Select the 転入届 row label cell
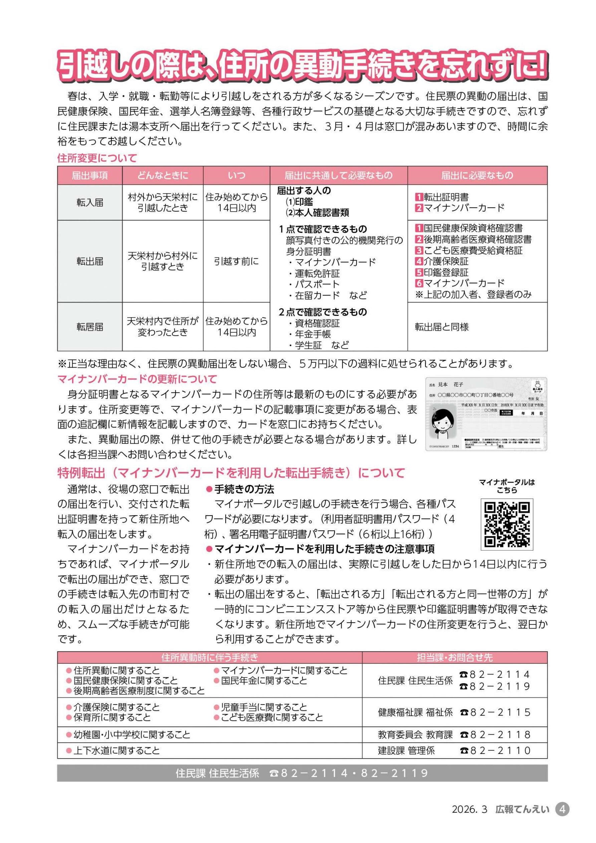coord(90,202)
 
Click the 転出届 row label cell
coord(90,261)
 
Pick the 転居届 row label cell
coord(90,327)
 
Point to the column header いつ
coord(236,175)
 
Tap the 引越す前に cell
coord(236,261)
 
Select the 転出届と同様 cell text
coord(442,327)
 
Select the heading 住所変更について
coord(97,158)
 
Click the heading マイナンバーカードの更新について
coord(137,378)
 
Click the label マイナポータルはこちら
coord(507,486)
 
